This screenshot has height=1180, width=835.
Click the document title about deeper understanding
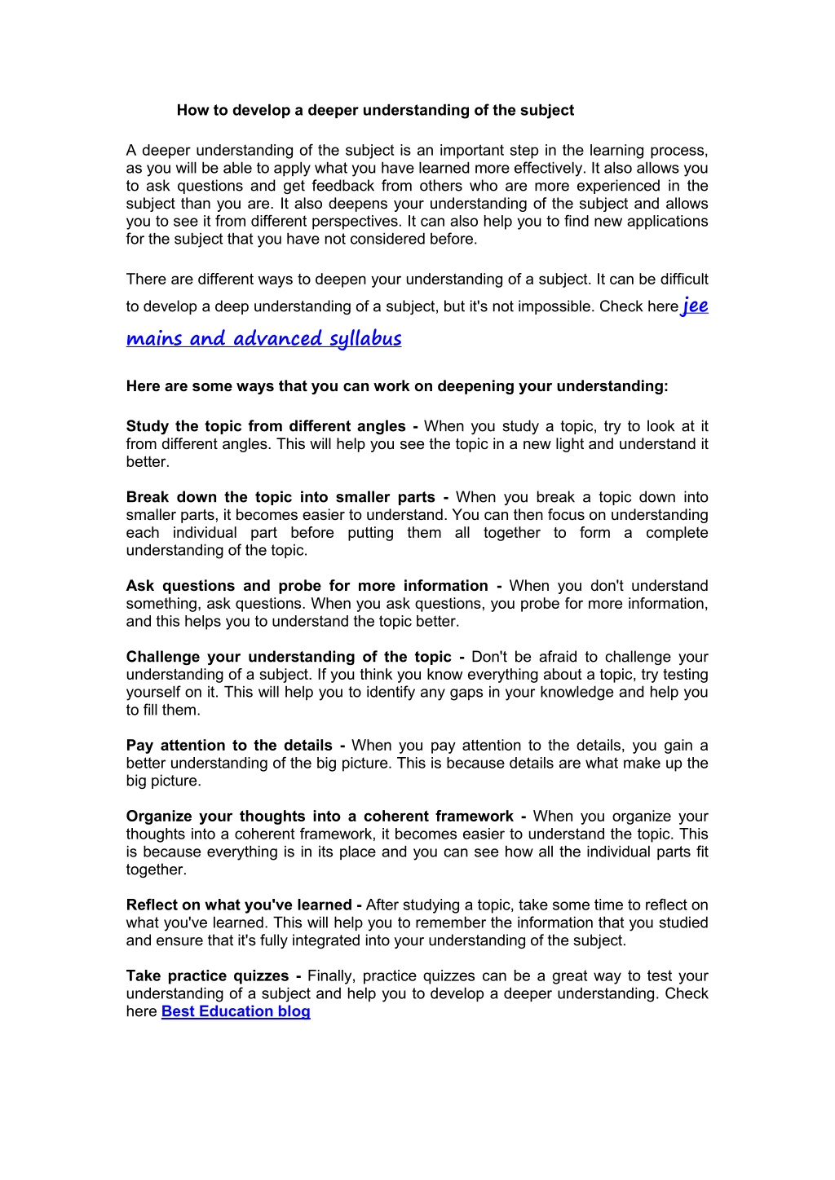(x=375, y=110)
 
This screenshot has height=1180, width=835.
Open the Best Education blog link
(x=236, y=1011)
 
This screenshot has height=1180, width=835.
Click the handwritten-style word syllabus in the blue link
(x=365, y=339)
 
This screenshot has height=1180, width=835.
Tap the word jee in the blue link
(x=695, y=306)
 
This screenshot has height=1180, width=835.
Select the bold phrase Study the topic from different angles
(x=266, y=426)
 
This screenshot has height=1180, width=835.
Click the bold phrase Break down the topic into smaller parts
(x=281, y=497)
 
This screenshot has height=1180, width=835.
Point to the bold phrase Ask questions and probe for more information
(x=307, y=586)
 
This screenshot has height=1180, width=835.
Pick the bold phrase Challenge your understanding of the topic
(x=289, y=657)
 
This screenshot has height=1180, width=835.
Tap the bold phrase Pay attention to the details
(x=229, y=746)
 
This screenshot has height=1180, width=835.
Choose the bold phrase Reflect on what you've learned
(x=239, y=905)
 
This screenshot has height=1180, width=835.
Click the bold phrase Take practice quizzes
(x=207, y=976)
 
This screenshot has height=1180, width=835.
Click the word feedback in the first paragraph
(x=342, y=186)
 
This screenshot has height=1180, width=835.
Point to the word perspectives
(x=352, y=222)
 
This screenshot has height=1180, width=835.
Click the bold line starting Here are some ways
(x=397, y=386)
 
